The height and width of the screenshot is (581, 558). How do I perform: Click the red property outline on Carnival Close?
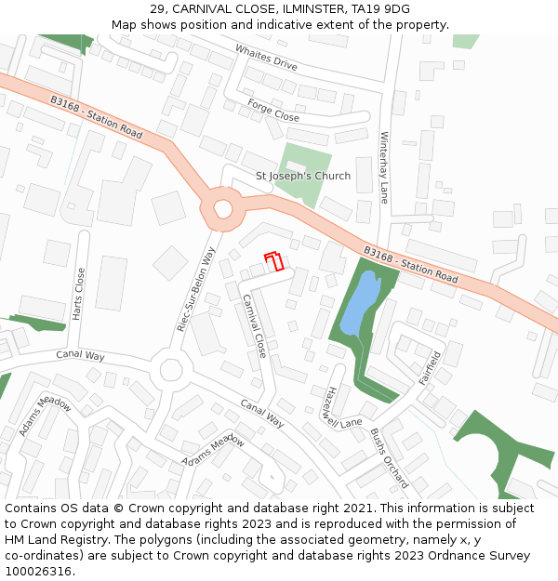click(x=274, y=261)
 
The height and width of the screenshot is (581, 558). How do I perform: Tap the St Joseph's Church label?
click(x=303, y=177)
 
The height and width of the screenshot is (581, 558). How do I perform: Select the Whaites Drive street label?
click(x=266, y=58)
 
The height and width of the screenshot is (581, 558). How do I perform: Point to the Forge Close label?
click(x=273, y=111)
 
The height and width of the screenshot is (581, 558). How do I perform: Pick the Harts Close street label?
click(x=79, y=295)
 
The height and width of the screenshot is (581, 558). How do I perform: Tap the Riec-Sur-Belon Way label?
click(x=196, y=289)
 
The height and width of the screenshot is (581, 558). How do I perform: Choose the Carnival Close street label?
click(x=255, y=325)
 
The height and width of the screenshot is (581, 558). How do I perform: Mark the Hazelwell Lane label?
click(x=340, y=406)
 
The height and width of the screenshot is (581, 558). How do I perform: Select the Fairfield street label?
click(x=430, y=367)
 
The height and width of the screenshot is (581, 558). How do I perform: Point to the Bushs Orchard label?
click(x=389, y=457)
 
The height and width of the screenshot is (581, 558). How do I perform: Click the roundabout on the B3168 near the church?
click(x=223, y=209)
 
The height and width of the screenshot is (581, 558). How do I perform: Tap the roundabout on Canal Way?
click(x=170, y=370)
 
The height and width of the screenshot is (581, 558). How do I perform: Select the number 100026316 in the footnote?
click(x=38, y=572)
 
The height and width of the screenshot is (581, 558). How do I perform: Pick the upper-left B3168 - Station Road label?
click(x=97, y=117)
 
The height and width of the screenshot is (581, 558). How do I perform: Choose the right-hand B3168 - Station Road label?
click(x=410, y=266)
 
